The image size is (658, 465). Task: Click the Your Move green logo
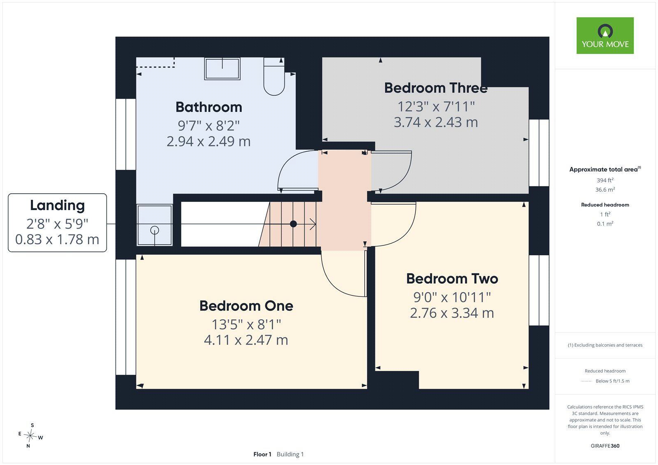(605, 35)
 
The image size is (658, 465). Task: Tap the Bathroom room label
(209, 107)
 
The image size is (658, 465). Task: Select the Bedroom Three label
(436, 88)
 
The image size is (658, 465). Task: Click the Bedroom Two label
(452, 278)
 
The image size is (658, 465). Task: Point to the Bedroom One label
(246, 306)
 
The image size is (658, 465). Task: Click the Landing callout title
(58, 205)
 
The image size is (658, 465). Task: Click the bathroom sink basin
(222, 69)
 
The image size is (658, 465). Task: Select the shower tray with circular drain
(155, 225)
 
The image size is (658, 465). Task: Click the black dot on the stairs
(293, 224)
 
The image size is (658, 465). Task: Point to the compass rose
(30, 435)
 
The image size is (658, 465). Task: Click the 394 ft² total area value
(605, 180)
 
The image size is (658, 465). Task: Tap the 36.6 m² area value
(605, 190)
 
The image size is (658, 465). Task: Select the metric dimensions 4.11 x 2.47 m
(246, 340)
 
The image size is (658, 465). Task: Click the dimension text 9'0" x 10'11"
(452, 297)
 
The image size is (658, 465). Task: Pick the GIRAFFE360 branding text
(605, 446)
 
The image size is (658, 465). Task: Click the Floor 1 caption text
(262, 454)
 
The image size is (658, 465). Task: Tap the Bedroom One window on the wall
(126, 317)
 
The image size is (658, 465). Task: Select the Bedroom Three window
(539, 153)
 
